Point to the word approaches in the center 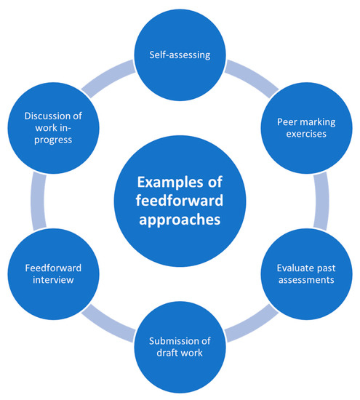pyautogui.click(x=180, y=216)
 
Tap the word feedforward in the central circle pyautogui.click(x=180, y=198)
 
